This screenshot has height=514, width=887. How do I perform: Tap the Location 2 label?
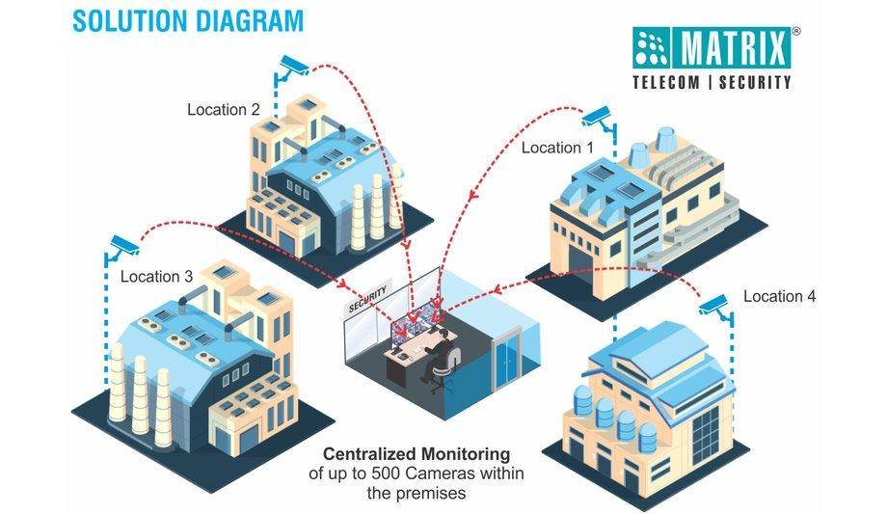(223, 110)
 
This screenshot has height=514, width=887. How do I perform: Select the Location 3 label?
(156, 277)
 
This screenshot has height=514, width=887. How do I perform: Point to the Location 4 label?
(779, 296)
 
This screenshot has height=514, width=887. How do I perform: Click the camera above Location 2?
(292, 68)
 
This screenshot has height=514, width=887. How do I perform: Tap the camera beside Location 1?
(598, 118)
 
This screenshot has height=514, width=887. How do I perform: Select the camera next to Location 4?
(715, 307)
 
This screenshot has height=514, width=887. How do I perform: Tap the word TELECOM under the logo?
(665, 83)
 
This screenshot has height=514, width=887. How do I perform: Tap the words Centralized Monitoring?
(416, 453)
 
